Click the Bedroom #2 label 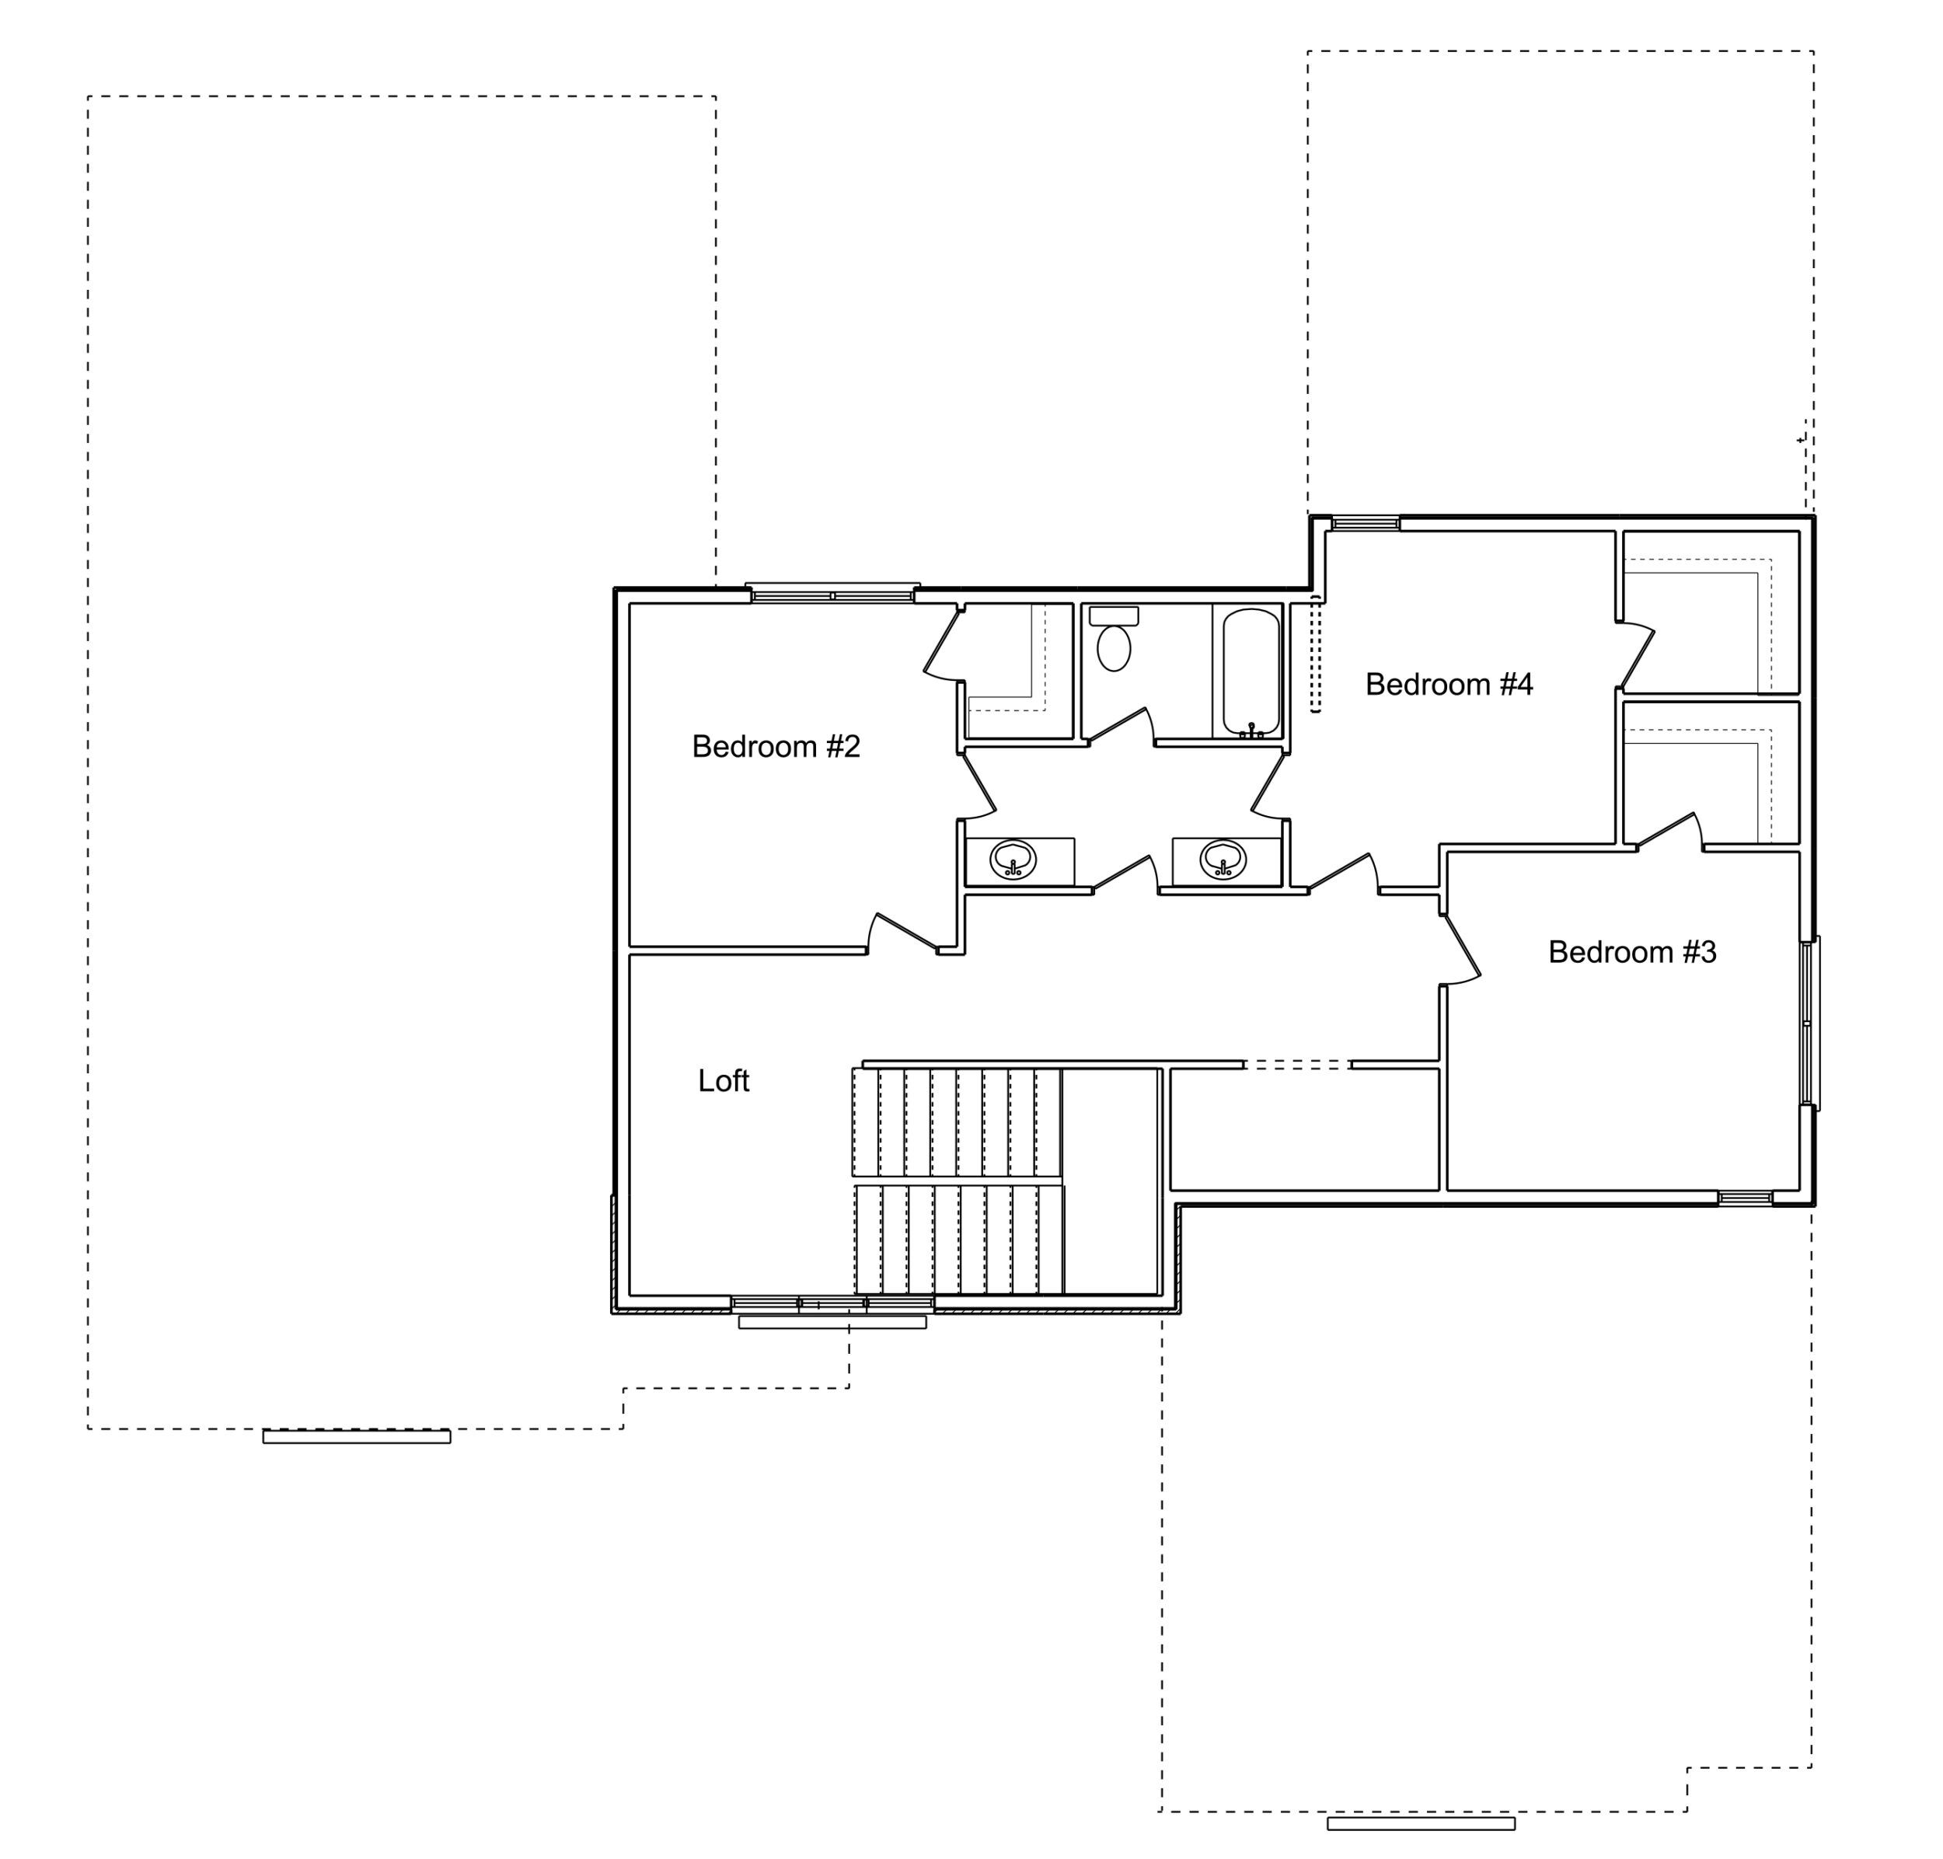(x=776, y=746)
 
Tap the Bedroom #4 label (x=1449, y=684)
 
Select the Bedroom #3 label (x=1632, y=951)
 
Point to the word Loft (x=724, y=1080)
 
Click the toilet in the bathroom (x=1114, y=639)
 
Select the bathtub (x=1251, y=671)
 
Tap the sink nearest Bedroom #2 (x=1013, y=859)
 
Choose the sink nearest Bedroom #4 (x=1223, y=859)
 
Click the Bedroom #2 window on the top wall (x=832, y=592)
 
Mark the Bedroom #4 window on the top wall (x=1366, y=523)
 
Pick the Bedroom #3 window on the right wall (x=1809, y=1023)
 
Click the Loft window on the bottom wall (x=832, y=1303)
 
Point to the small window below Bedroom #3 (x=1745, y=1198)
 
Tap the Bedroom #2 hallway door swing (x=904, y=932)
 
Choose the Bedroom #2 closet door (x=944, y=644)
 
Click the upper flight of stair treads (x=956, y=1121)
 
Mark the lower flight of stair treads (x=958, y=1240)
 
